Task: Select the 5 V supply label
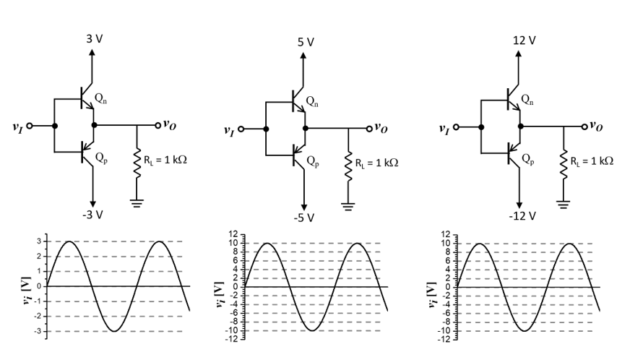pyautogui.click(x=306, y=42)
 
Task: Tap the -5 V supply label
pyautogui.click(x=306, y=218)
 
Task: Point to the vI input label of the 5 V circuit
pyautogui.click(x=229, y=132)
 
